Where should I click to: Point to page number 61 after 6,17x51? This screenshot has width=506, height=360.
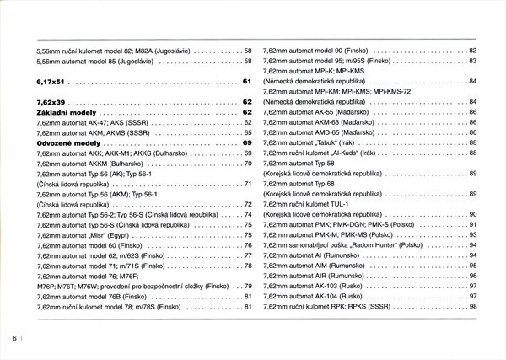[x=247, y=82]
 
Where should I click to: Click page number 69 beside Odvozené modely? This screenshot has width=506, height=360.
[x=247, y=142]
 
